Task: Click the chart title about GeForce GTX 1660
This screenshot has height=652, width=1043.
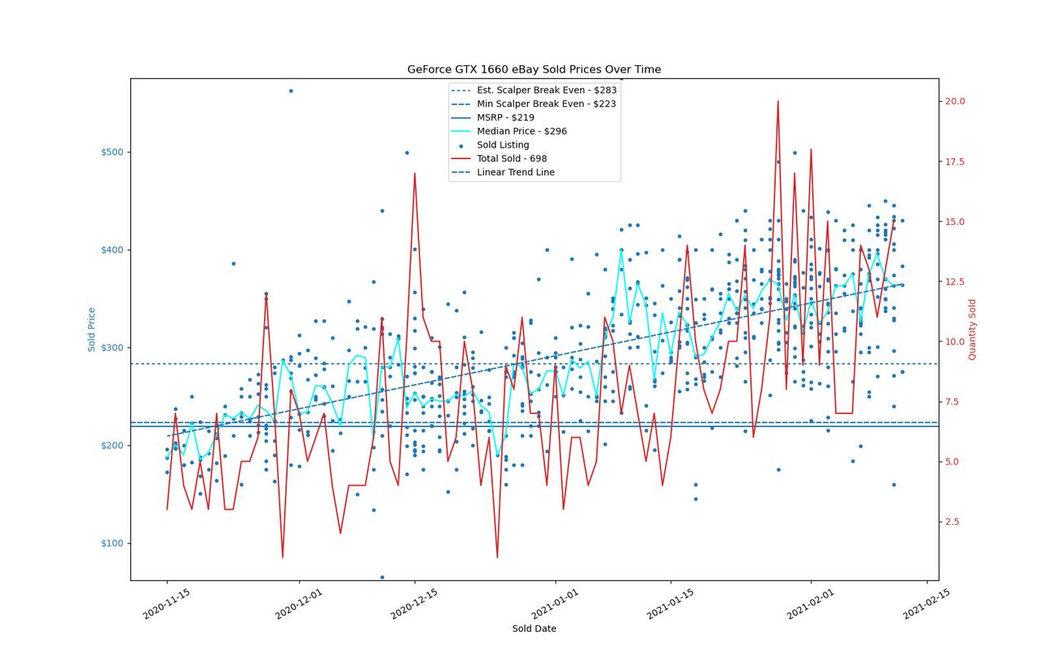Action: (534, 69)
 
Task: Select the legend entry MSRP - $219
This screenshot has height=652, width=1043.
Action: (505, 117)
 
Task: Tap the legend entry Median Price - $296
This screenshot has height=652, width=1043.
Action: (521, 131)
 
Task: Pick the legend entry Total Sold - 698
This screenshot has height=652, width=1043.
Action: (512, 158)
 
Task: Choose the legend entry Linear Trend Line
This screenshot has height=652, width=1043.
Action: (516, 172)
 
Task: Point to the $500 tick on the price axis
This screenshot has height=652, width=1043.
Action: (112, 152)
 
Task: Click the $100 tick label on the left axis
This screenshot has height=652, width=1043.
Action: (112, 543)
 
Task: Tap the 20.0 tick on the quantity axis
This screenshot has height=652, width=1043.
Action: (955, 101)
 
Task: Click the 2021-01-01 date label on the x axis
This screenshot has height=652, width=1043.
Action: (555, 604)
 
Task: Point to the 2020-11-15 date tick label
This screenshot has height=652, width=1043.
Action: (166, 604)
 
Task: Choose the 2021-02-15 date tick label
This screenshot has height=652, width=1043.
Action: (926, 604)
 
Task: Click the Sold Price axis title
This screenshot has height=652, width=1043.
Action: (91, 330)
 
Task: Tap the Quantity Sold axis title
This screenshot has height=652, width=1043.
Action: (972, 330)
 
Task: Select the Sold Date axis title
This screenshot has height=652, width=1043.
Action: (534, 628)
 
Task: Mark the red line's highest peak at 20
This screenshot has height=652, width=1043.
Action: (777, 101)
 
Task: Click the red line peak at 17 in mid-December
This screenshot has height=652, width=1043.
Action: (415, 174)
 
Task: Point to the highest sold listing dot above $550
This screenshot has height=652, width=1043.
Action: (291, 90)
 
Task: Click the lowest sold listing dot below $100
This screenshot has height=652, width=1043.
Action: (382, 578)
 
